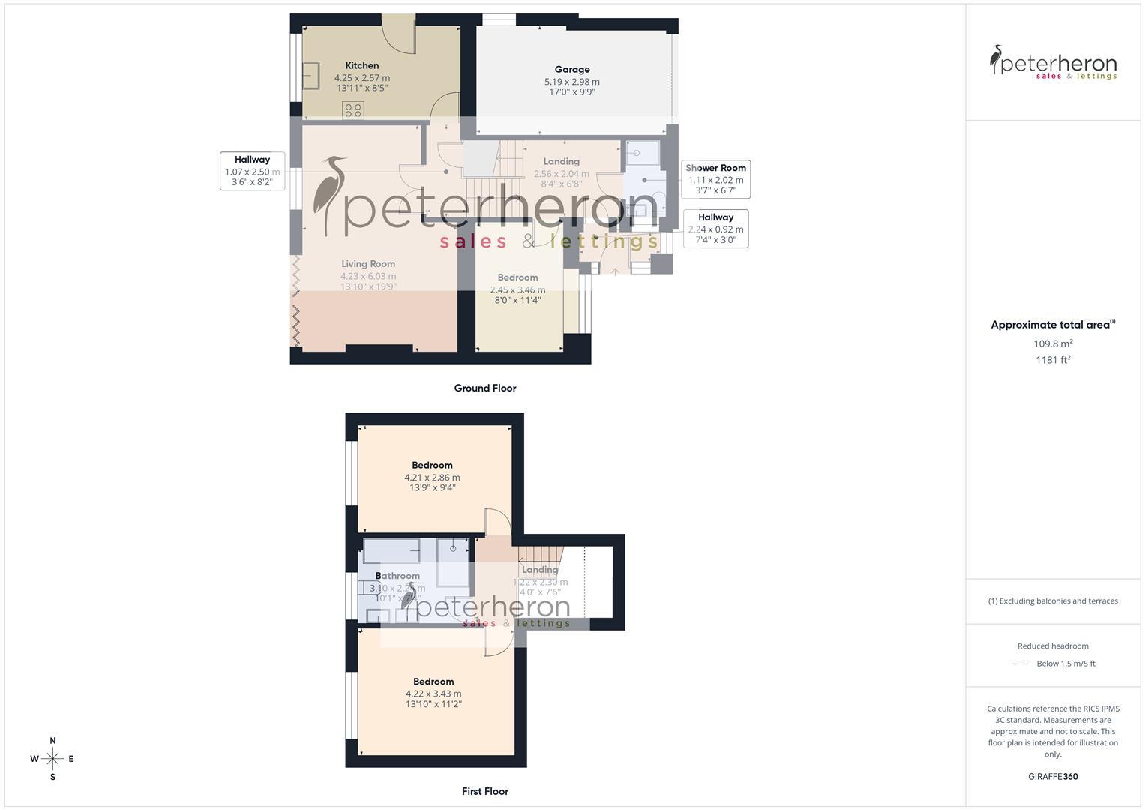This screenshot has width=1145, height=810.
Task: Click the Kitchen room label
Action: [362, 66]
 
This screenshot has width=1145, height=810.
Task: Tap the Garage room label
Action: [572, 70]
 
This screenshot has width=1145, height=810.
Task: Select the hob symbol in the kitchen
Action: [352, 110]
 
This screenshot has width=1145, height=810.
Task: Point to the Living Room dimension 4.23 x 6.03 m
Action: [368, 276]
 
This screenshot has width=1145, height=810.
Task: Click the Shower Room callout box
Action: [715, 179]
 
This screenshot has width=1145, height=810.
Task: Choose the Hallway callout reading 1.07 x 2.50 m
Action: [252, 171]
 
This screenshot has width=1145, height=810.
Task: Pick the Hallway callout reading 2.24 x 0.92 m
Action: [715, 229]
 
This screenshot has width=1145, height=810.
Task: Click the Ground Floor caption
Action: [485, 388]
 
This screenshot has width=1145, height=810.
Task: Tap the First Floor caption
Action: [485, 791]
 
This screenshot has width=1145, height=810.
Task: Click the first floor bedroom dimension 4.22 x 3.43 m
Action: [433, 694]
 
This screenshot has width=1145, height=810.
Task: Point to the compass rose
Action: [52, 759]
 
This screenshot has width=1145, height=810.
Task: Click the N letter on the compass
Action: [52, 741]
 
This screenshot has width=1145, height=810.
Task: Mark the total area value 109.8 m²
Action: [1053, 343]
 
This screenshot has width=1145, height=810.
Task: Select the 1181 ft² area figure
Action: [1053, 360]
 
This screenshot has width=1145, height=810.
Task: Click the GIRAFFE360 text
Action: [1053, 777]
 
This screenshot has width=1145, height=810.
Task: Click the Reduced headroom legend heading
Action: [1053, 646]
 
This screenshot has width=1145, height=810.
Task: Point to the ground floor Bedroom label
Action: [517, 277]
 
